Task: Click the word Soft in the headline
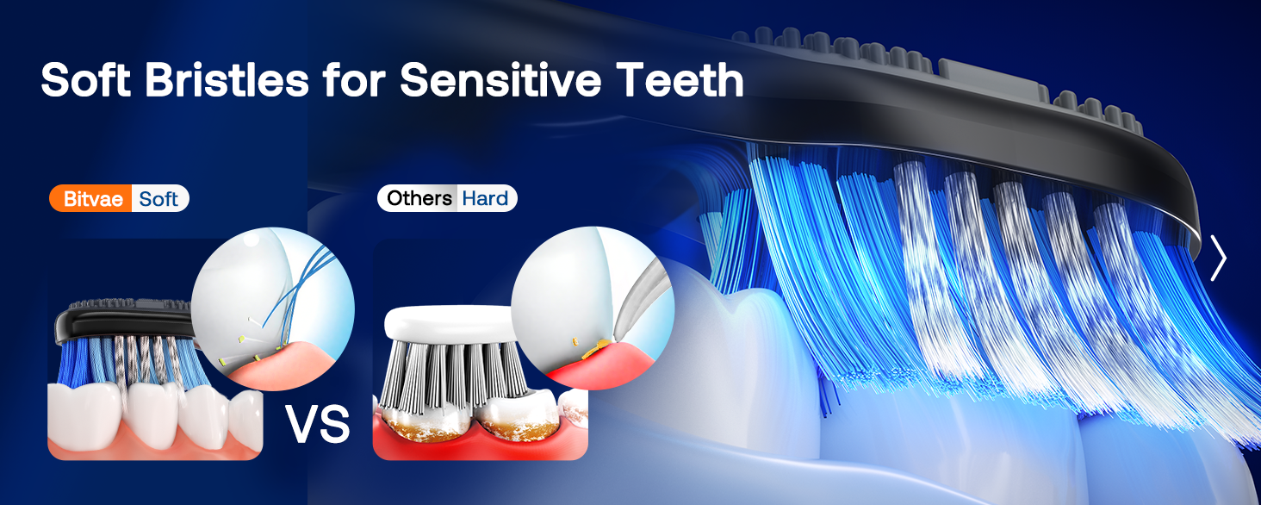point(85,80)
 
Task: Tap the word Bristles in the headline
point(224,80)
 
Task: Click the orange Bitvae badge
point(90,199)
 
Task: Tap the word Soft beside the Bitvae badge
point(158,199)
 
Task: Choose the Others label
point(419,199)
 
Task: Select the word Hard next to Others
point(485,199)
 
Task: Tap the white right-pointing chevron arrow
point(1217,258)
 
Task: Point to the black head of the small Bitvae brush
point(121,320)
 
